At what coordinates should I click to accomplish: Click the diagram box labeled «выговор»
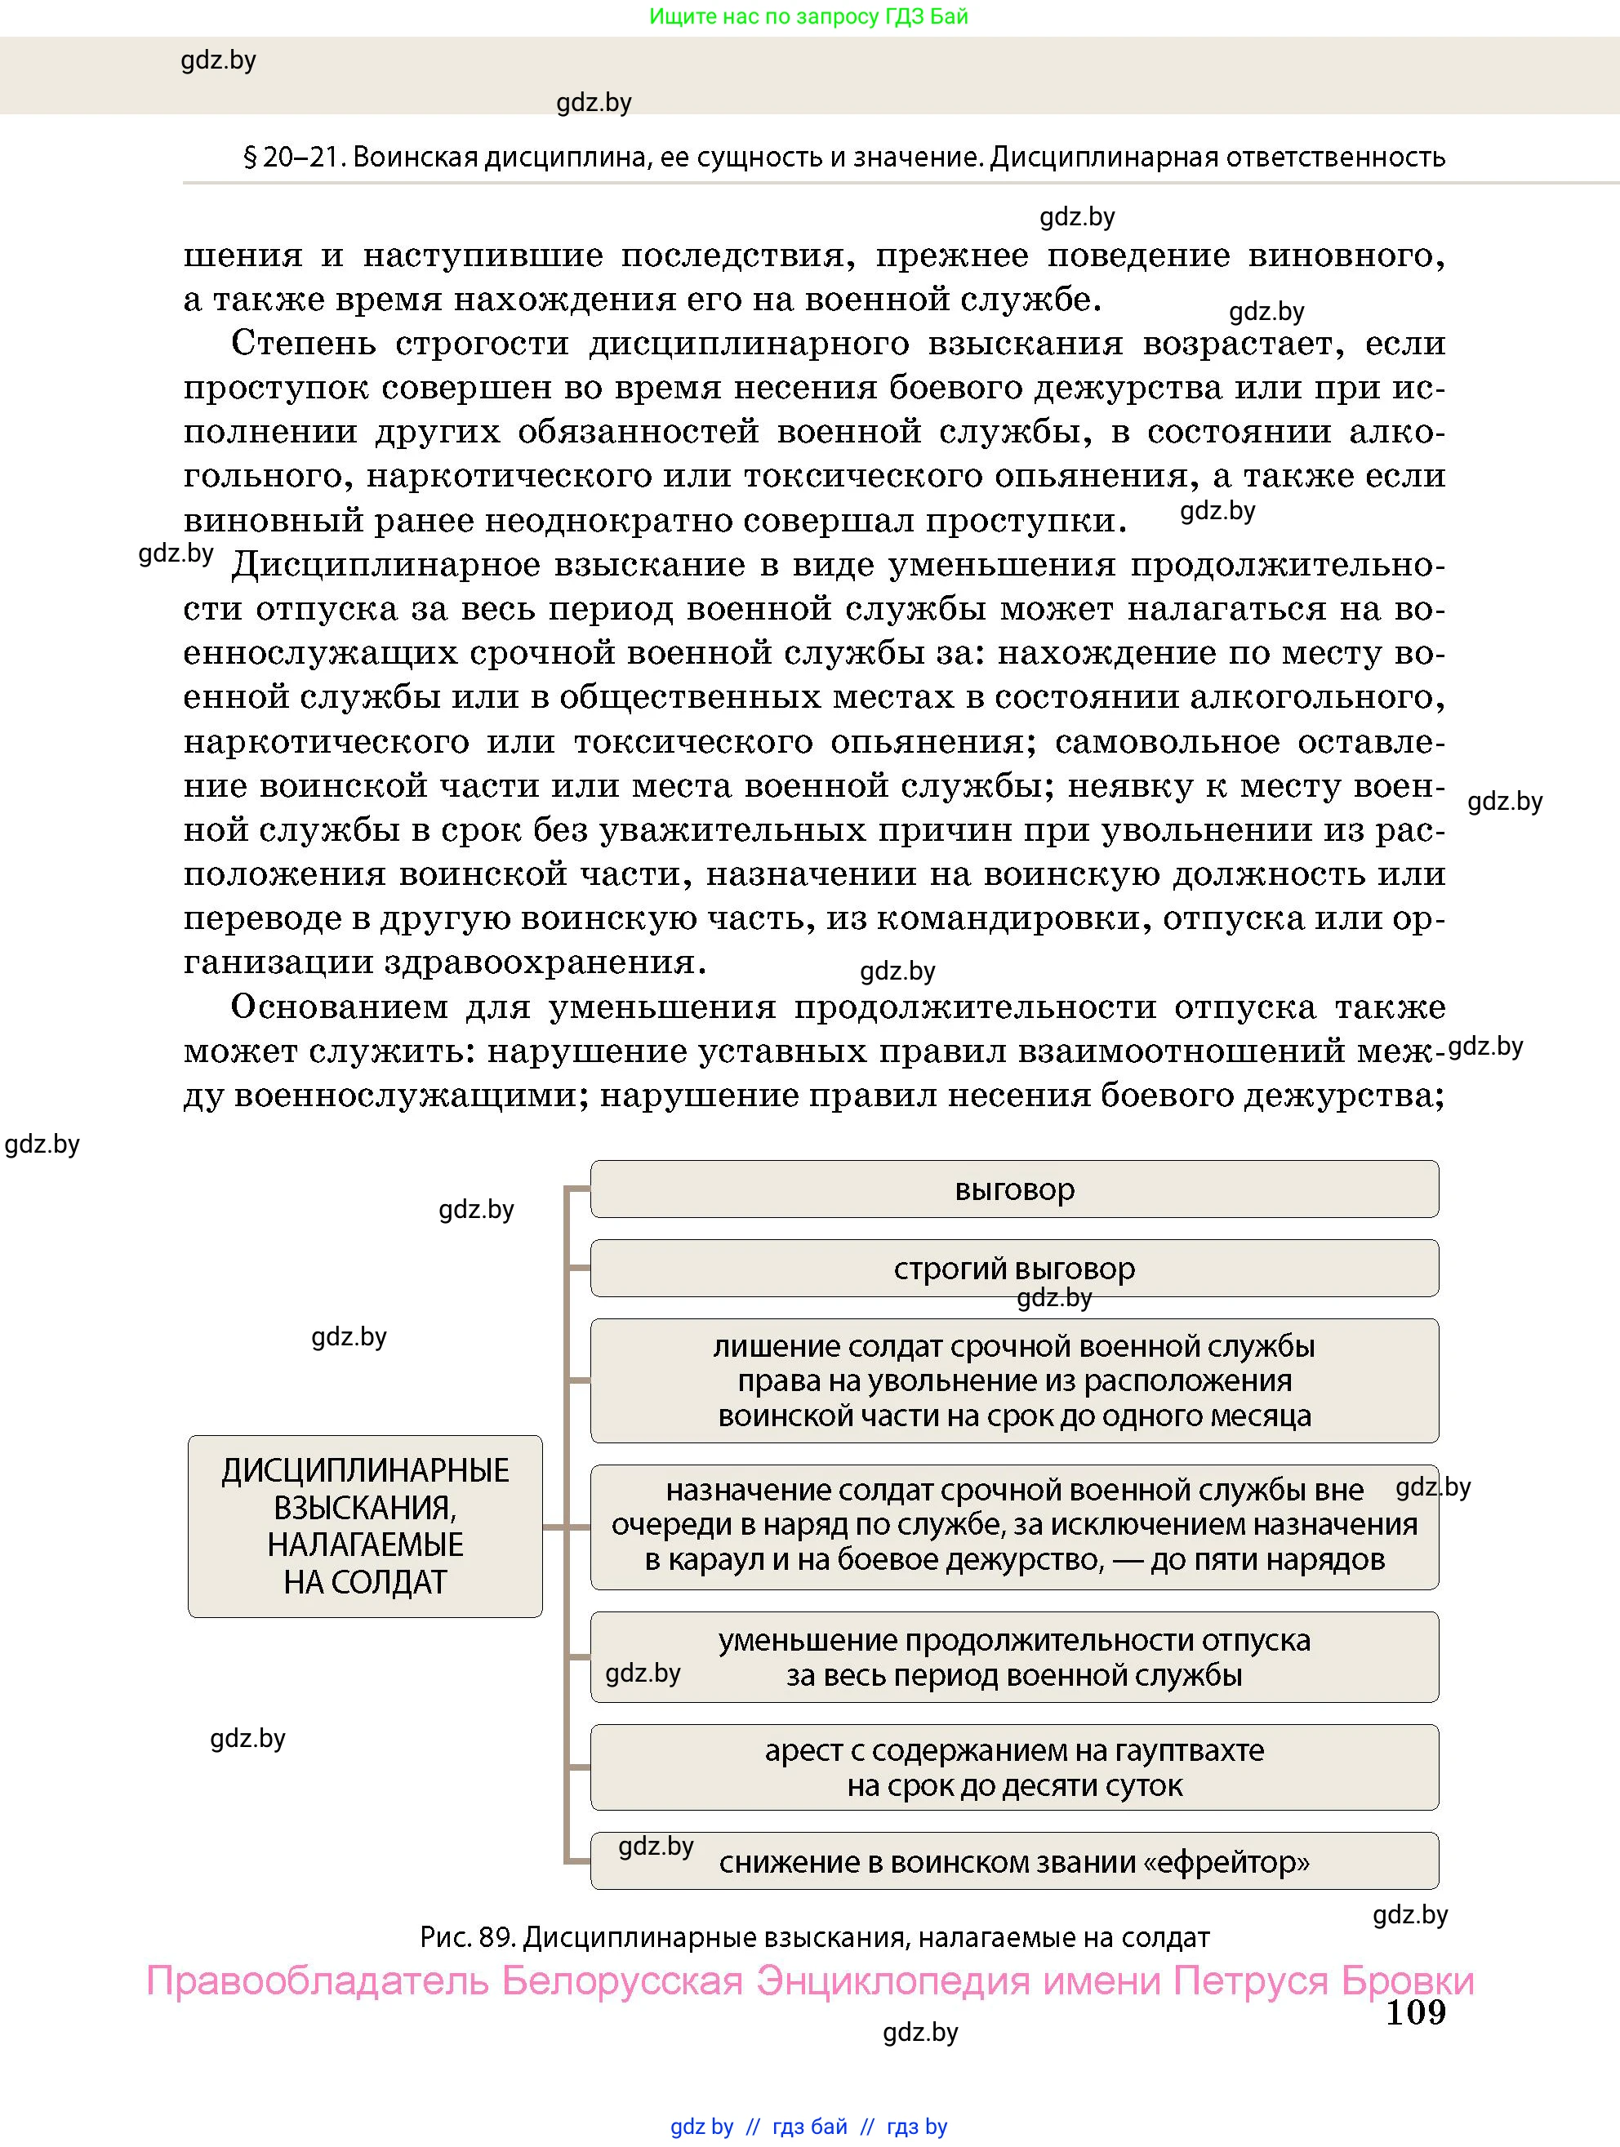click(1013, 1189)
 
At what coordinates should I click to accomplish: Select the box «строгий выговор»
click(1013, 1268)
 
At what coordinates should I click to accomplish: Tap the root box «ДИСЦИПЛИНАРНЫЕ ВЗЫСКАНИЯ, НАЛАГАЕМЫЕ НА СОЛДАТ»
click(365, 1525)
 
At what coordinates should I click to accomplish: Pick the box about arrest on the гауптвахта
click(1013, 1767)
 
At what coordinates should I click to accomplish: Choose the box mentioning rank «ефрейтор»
click(1013, 1861)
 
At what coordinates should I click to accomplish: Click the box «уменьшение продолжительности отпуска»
click(1013, 1657)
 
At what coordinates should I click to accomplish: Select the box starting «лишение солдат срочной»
click(1013, 1380)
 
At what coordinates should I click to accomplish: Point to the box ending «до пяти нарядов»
click(1013, 1525)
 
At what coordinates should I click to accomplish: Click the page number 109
click(1415, 2011)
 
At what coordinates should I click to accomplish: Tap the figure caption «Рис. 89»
click(466, 1938)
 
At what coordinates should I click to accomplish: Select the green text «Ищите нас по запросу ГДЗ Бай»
click(808, 16)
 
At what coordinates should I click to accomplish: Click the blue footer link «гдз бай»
click(809, 2127)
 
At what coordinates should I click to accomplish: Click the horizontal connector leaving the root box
click(554, 1527)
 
